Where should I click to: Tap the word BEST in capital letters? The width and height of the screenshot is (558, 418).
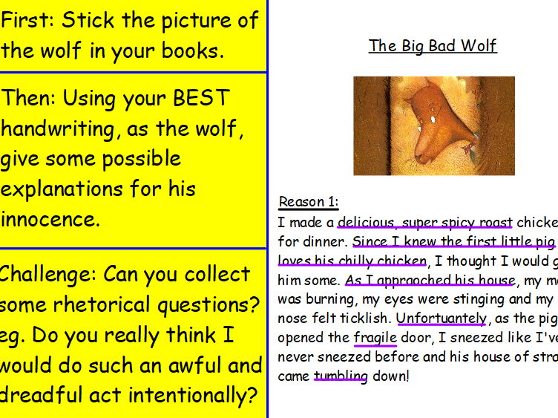click(x=202, y=99)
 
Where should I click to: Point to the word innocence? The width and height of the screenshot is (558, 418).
click(x=50, y=220)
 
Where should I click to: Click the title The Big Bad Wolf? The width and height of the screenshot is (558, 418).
click(x=433, y=46)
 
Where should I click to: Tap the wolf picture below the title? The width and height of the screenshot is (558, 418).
click(x=433, y=125)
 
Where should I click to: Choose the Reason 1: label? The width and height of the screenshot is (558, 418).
click(x=308, y=202)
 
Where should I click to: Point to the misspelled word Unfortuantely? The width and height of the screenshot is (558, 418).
click(x=442, y=319)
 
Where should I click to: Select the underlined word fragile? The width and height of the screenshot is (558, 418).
click(x=375, y=338)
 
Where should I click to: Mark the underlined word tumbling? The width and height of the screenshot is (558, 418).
click(x=341, y=376)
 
